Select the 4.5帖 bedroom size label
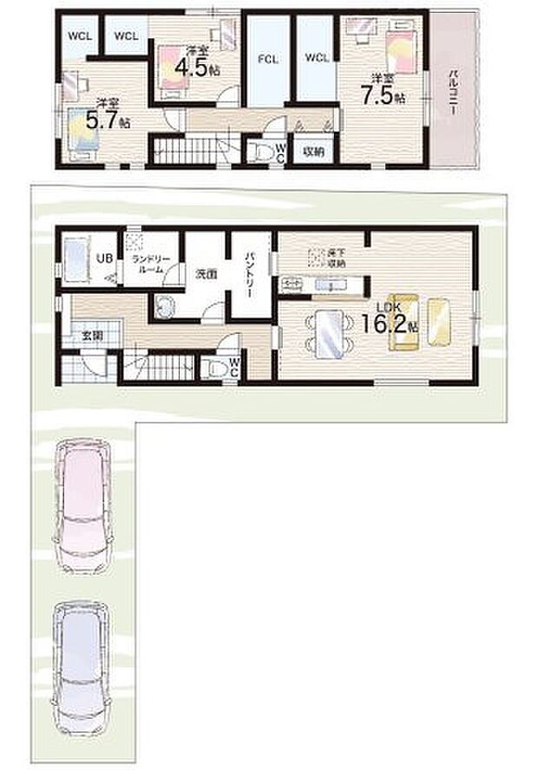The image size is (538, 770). point(194,67)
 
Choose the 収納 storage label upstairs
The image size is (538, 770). point(313,152)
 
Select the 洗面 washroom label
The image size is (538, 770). point(206,274)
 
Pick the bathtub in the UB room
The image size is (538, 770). point(76,258)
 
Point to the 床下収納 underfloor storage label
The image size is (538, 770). point(335,257)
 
